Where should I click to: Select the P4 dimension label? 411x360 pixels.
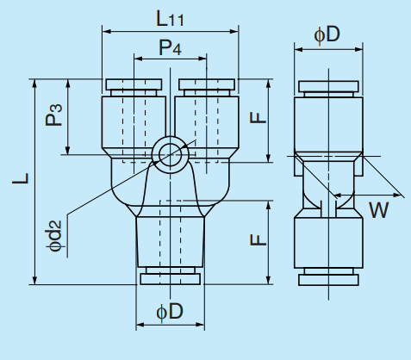click(170, 48)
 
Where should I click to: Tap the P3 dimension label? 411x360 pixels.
click(54, 115)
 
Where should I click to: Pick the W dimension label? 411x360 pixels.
click(377, 208)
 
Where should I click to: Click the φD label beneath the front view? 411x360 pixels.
click(170, 312)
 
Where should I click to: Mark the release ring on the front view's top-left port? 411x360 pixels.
click(133, 85)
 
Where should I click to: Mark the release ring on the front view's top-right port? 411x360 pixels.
click(206, 85)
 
